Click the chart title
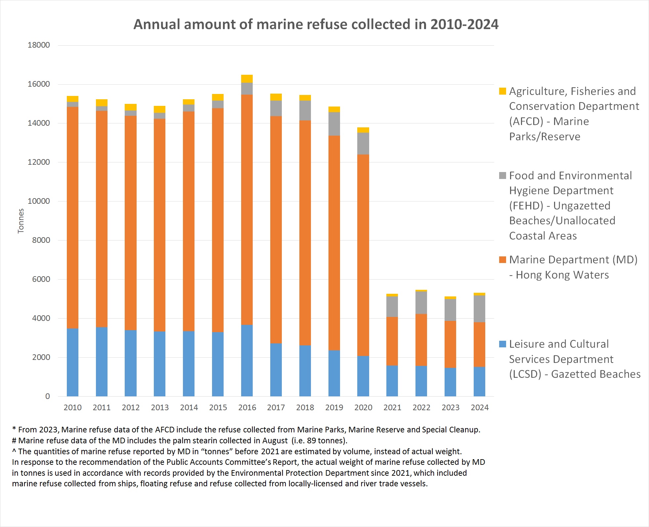316,24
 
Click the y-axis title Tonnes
21,221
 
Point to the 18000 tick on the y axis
39,45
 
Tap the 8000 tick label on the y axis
41,240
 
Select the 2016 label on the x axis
247,408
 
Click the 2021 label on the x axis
392,408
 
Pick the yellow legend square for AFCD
502,91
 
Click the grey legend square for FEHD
502,176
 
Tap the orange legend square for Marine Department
502,260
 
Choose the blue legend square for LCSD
502,344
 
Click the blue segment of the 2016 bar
247,361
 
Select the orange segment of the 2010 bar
72,217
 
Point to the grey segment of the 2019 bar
334,124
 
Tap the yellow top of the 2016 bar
247,79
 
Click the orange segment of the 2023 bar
450,344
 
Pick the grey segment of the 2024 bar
479,309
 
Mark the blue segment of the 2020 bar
363,376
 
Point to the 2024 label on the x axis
480,408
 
